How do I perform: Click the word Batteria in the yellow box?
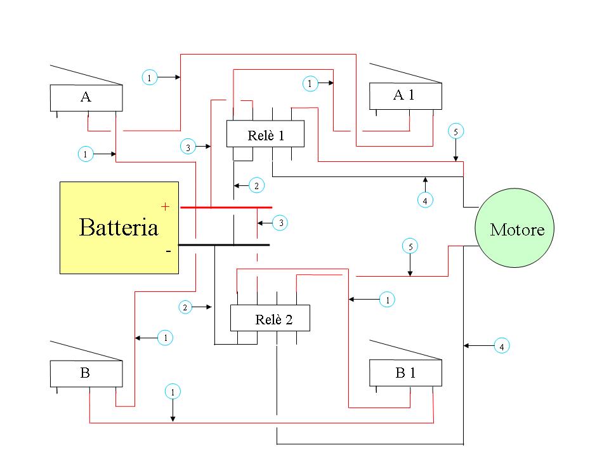119,228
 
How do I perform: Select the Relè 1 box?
265,134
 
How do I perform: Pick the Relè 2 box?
270,318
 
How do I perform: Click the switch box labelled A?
86,98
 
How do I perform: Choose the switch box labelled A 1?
405,96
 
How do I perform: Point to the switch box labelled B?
86,373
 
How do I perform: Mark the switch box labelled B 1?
405,373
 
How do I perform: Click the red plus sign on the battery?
166,206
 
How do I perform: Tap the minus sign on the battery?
168,251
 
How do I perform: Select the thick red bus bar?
226,208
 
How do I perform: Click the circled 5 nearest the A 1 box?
455,131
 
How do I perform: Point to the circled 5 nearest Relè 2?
410,246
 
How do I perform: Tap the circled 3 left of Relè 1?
188,147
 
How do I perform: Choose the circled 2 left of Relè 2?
185,307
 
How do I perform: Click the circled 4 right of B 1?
502,346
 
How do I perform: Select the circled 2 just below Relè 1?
256,186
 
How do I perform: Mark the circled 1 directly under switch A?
85,154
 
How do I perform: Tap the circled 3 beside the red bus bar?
281,223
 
